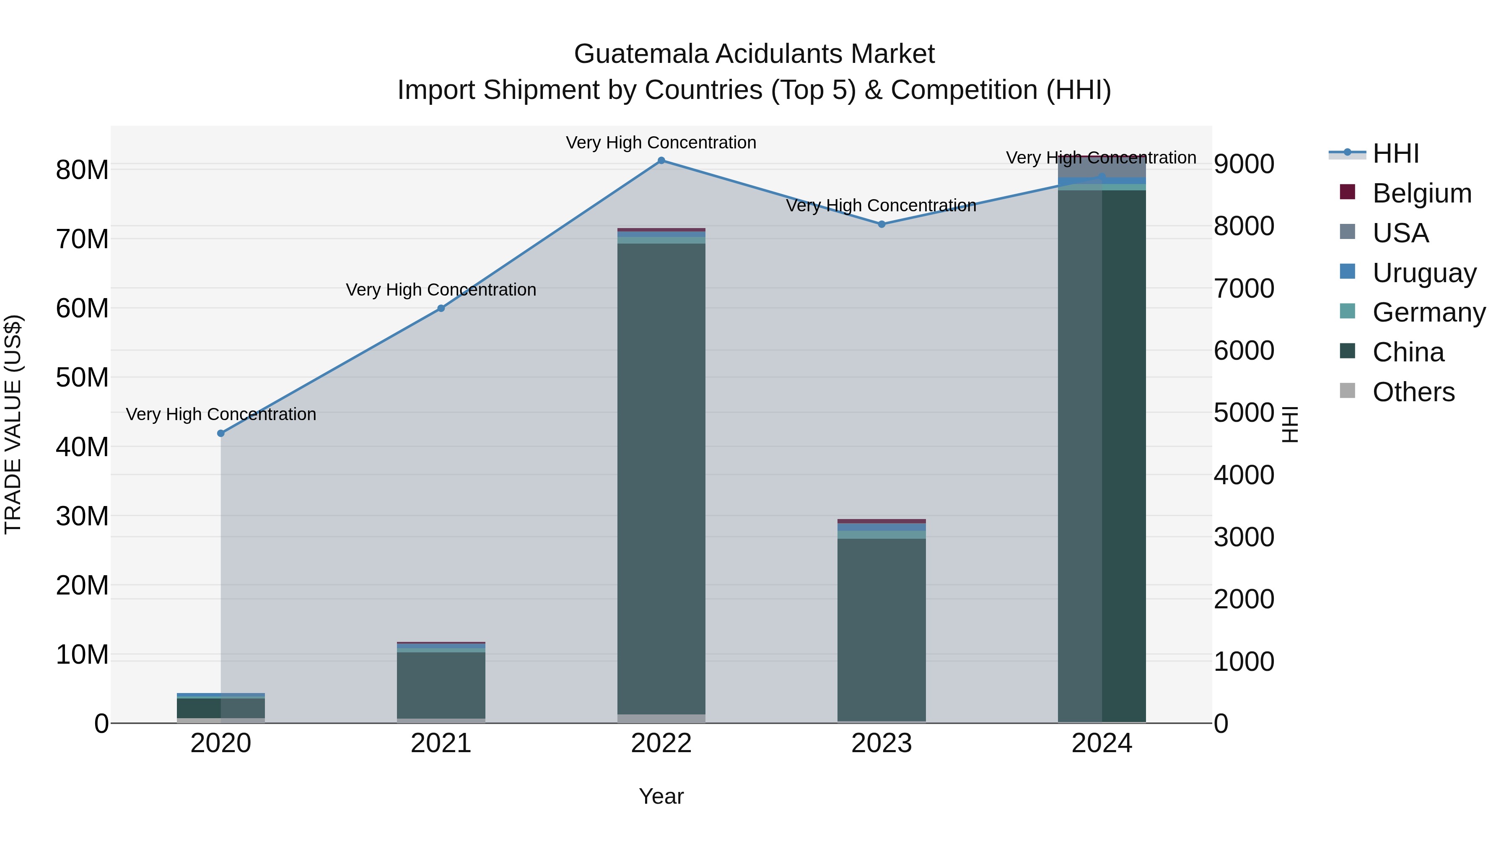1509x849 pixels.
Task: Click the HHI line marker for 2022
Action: [x=661, y=161]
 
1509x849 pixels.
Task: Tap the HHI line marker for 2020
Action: [x=221, y=434]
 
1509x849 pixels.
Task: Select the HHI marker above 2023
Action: [x=882, y=224]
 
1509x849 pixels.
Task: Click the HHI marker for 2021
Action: [x=441, y=308]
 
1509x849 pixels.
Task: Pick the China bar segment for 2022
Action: [x=661, y=478]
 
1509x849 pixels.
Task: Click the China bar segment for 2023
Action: [x=882, y=629]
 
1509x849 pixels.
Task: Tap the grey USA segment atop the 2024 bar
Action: [x=1102, y=166]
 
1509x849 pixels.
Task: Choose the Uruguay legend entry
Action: [x=1424, y=273]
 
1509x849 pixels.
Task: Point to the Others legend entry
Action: [x=1413, y=392]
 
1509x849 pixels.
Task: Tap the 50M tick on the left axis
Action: [x=82, y=377]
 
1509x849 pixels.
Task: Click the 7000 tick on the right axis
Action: [x=1244, y=288]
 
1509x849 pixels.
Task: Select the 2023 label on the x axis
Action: [x=882, y=743]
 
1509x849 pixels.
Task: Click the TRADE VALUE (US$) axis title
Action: [x=13, y=424]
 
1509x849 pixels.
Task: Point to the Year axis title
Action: [x=661, y=796]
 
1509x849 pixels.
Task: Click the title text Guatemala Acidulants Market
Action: [x=754, y=54]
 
